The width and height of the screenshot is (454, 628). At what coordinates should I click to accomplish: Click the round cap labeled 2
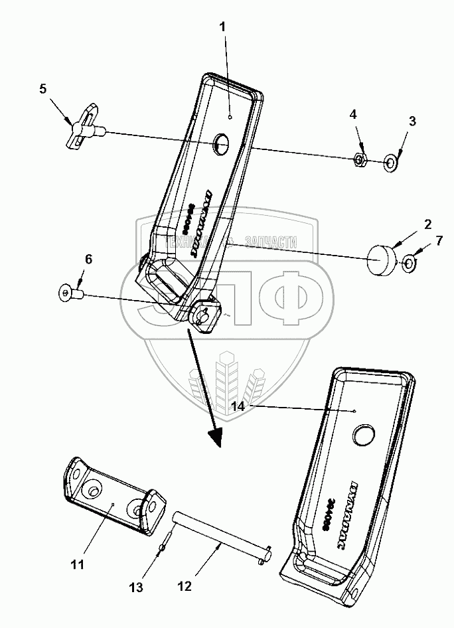click(x=381, y=259)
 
